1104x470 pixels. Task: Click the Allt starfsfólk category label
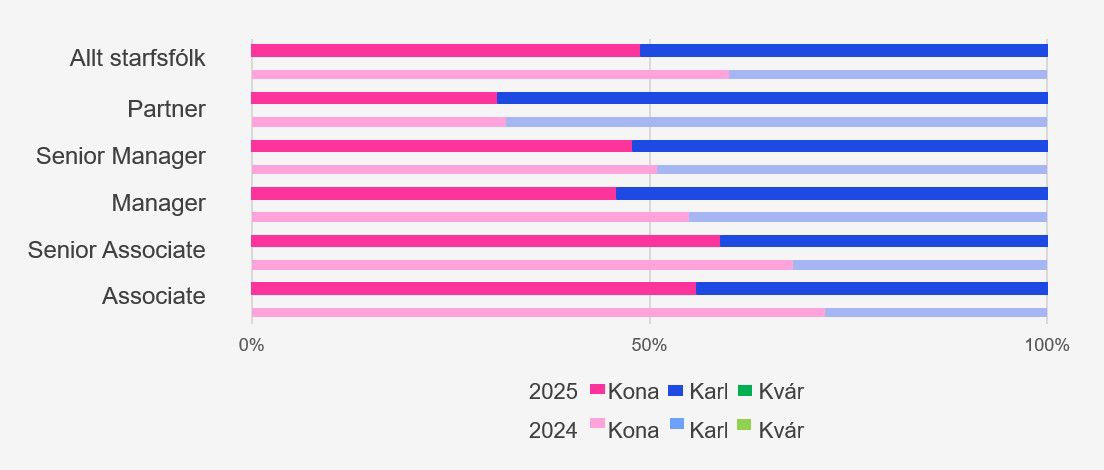click(x=137, y=58)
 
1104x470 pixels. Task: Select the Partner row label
click(x=166, y=109)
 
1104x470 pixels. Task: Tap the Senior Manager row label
click(x=121, y=156)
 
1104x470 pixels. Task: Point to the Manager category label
click(x=158, y=203)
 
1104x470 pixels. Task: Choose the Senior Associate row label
click(x=117, y=250)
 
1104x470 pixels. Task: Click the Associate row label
click(x=154, y=296)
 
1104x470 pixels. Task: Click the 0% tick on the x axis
click(x=251, y=346)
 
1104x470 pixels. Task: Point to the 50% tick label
click(x=650, y=346)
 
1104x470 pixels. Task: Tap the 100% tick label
click(x=1047, y=346)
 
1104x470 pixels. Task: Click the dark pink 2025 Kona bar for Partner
click(x=373, y=98)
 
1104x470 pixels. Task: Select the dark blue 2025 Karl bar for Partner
click(x=772, y=98)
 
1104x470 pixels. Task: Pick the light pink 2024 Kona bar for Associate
click(x=537, y=313)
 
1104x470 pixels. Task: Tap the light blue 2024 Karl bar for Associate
click(x=936, y=313)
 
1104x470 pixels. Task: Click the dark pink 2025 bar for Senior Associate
click(x=485, y=241)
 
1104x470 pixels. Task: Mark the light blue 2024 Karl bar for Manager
click(x=868, y=217)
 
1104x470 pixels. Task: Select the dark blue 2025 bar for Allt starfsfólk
click(x=844, y=50)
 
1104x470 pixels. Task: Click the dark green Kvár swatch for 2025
click(x=744, y=390)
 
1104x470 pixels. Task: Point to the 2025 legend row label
click(x=553, y=392)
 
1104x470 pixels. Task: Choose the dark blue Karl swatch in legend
click(x=675, y=390)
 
